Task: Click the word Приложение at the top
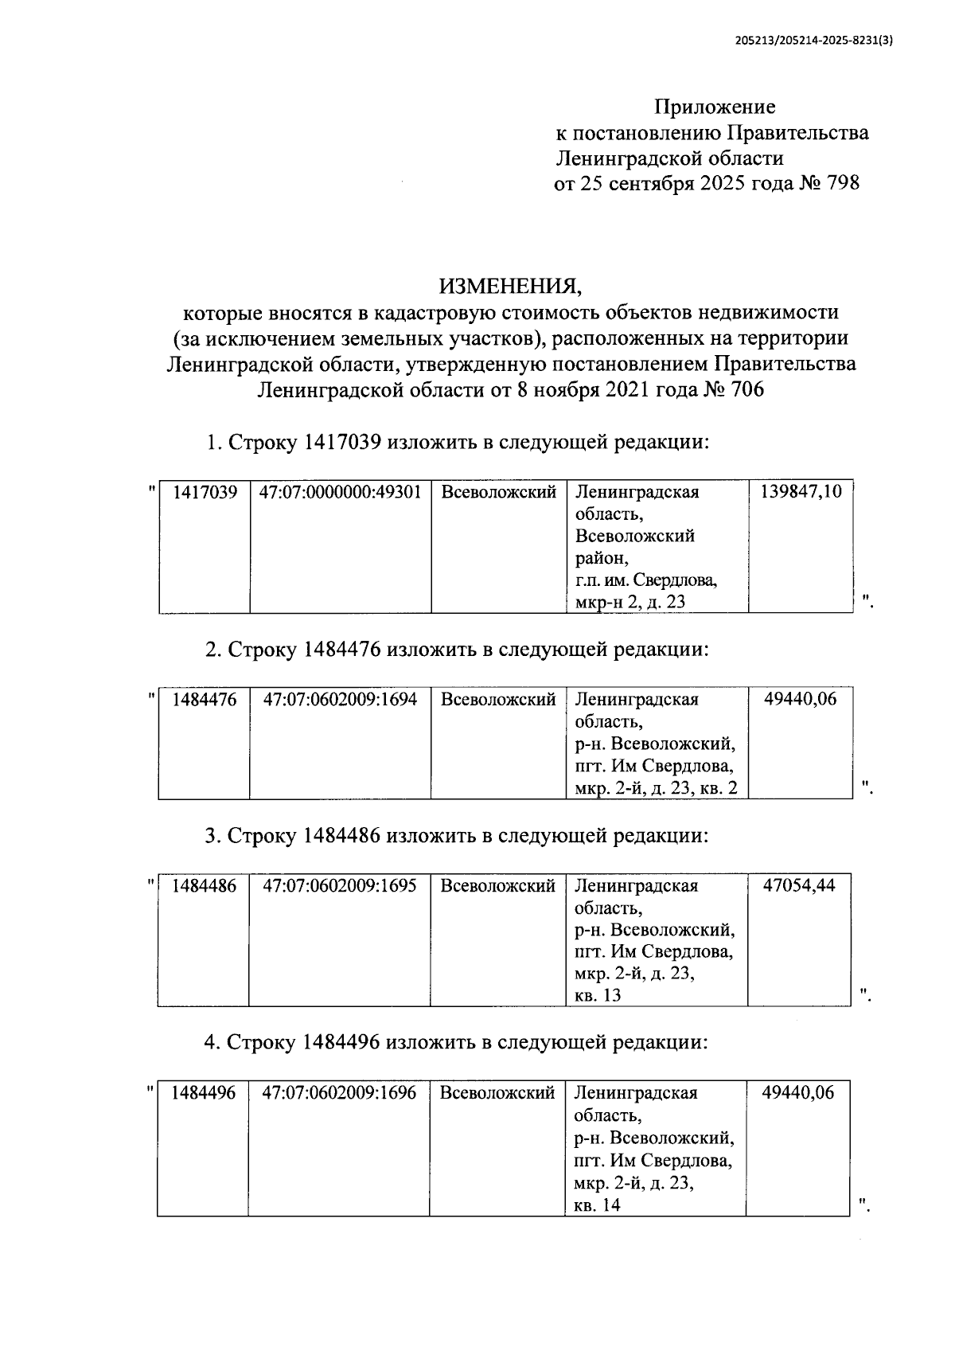(715, 107)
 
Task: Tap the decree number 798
(843, 183)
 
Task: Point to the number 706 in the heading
(741, 390)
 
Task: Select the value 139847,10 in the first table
(801, 491)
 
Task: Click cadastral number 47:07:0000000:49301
(340, 492)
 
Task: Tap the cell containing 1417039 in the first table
(205, 492)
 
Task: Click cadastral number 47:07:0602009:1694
(340, 700)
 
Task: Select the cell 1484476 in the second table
(205, 700)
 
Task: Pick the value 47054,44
(799, 885)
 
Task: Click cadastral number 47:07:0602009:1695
(340, 885)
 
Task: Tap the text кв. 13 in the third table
(598, 995)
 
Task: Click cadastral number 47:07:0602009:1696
(340, 1092)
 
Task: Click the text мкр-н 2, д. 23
(630, 602)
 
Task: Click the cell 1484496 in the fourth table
(204, 1092)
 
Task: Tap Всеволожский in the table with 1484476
(498, 700)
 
